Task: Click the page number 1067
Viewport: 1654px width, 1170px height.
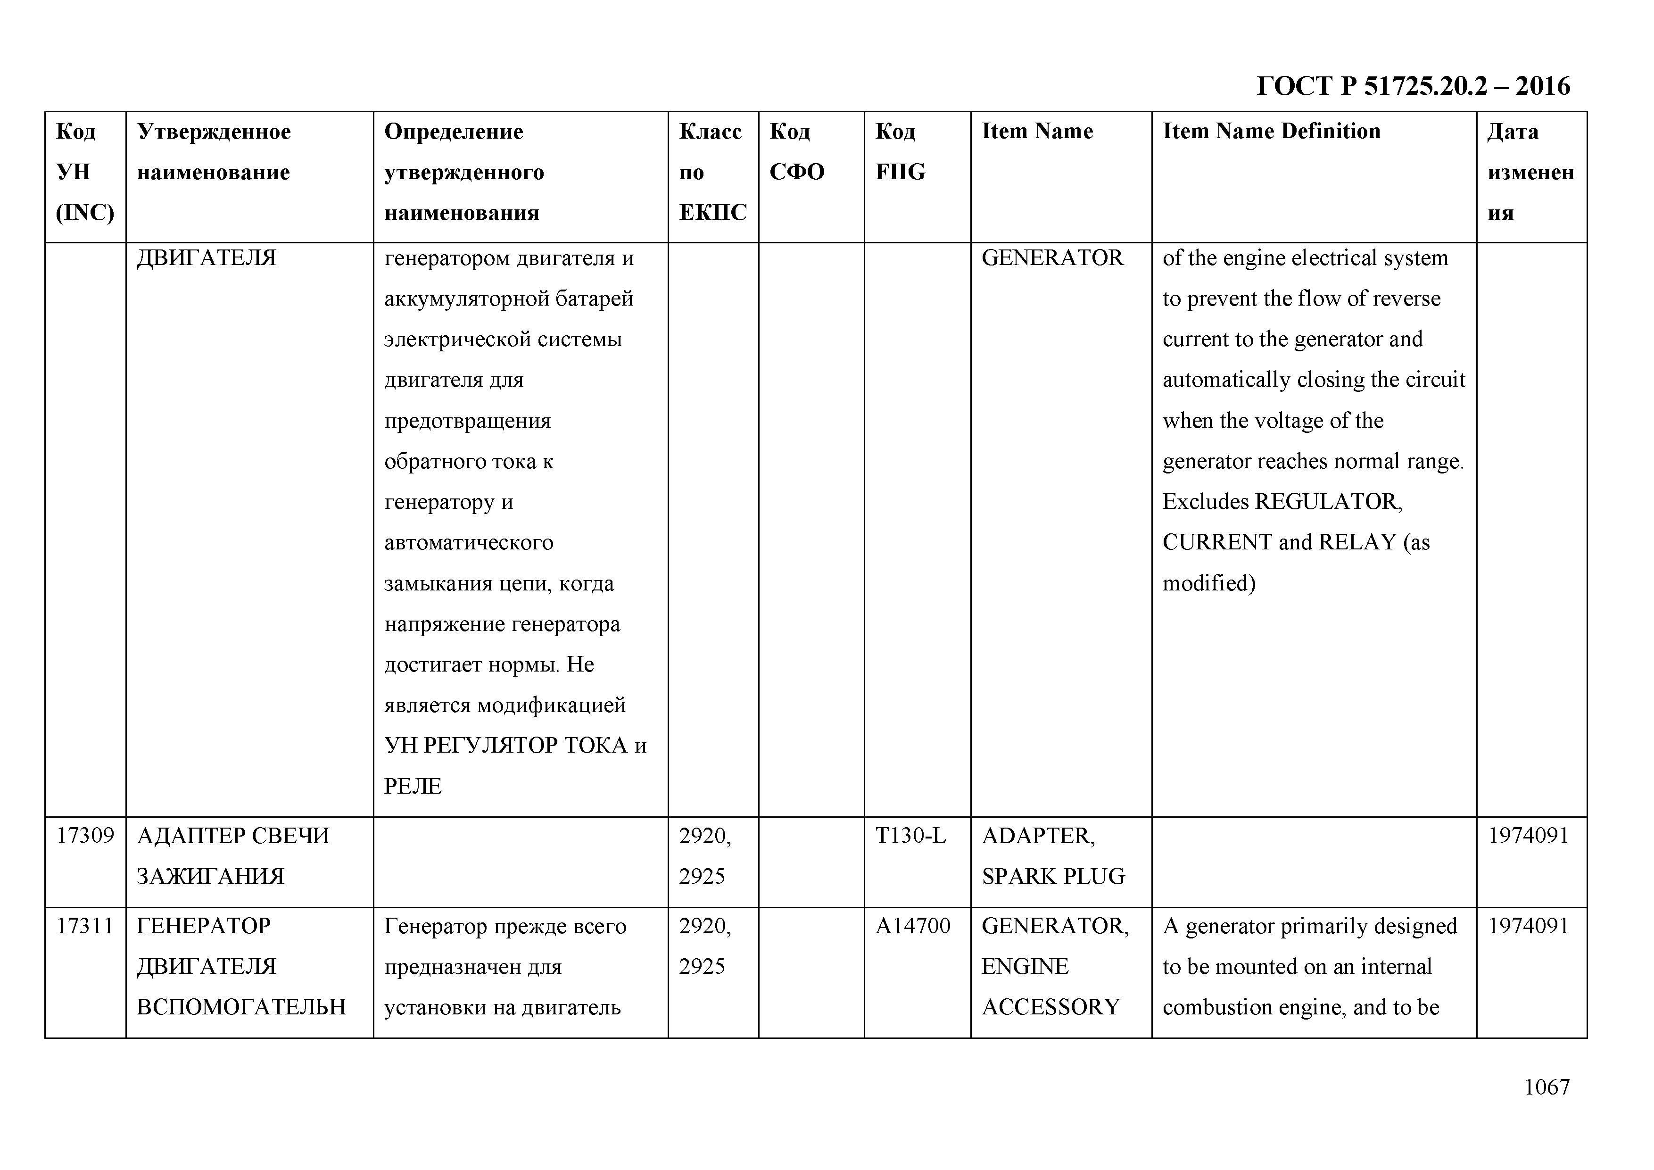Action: point(1546,1087)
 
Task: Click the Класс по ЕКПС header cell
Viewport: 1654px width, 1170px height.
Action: point(712,172)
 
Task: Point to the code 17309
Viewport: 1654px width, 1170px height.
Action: point(85,836)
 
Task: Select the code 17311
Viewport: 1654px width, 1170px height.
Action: point(85,926)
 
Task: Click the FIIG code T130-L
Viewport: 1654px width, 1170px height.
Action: point(910,836)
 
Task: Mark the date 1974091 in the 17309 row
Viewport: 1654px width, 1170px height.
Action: point(1528,836)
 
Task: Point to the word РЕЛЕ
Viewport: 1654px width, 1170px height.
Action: point(413,786)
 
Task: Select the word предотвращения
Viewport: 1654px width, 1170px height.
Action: point(467,421)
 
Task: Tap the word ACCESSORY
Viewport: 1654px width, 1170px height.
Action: point(1050,1007)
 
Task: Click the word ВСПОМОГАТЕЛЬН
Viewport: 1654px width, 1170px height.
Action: point(240,1007)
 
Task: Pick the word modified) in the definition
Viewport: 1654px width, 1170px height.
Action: point(1209,583)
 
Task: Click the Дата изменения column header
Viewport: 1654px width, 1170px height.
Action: point(1530,172)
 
